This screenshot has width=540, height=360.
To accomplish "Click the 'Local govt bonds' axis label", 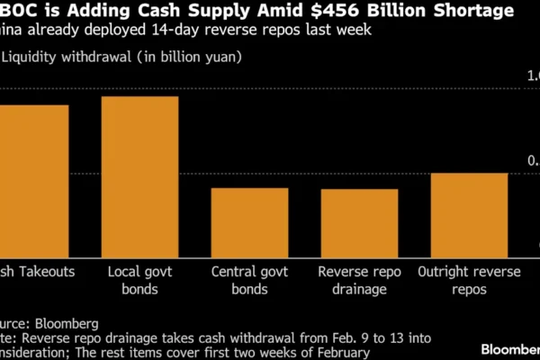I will point(139,280).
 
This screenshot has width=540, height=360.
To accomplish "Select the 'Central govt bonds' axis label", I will point(249,280).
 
